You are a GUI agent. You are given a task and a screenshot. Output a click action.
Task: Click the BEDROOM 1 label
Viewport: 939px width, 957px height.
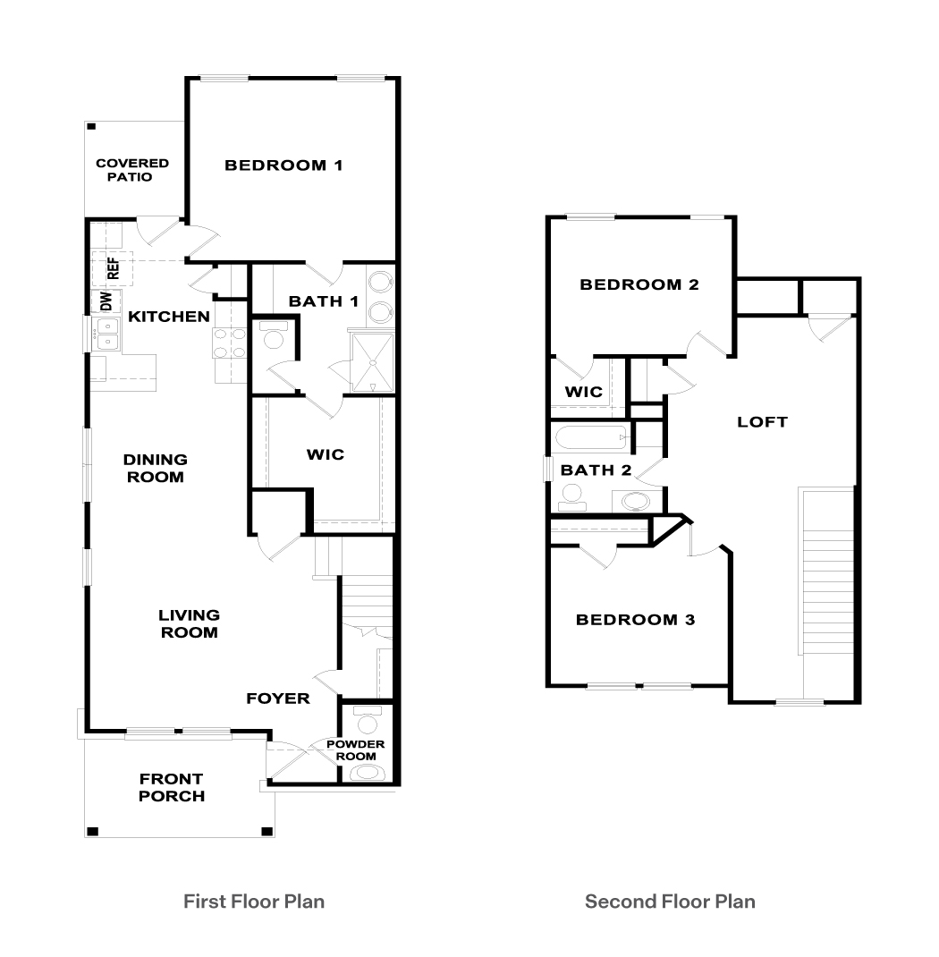coord(283,165)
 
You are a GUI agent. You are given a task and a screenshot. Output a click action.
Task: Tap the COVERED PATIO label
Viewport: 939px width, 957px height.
coord(132,170)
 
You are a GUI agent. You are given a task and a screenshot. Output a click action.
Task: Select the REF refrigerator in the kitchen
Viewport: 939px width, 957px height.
coord(113,267)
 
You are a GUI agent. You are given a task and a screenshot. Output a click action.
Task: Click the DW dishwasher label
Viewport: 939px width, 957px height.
coord(106,301)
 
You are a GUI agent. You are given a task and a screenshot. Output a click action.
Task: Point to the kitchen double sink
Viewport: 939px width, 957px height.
coord(108,337)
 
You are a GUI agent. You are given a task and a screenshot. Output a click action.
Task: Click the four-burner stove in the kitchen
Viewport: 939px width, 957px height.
coord(229,343)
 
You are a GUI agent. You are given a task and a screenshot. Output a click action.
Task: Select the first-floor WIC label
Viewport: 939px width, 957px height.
coord(325,454)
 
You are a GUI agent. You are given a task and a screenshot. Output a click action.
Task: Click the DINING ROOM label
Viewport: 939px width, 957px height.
coord(155,468)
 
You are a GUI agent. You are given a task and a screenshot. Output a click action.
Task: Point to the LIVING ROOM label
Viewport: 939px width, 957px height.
coord(189,623)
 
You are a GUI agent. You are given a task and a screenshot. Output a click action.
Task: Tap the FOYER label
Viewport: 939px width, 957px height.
coord(278,699)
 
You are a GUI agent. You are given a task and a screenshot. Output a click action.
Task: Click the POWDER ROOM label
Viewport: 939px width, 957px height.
coord(356,750)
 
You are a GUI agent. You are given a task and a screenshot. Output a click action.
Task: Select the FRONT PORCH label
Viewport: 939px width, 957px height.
coord(172,788)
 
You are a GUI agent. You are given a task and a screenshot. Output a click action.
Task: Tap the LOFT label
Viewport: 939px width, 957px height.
coord(762,421)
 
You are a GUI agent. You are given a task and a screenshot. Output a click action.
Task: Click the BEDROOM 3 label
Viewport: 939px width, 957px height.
coord(635,620)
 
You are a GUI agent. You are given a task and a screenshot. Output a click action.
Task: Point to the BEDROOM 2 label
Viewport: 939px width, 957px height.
coord(639,285)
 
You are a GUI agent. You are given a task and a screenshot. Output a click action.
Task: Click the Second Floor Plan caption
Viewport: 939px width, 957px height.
coord(670,902)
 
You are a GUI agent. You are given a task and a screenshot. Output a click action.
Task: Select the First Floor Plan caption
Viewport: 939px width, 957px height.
coord(254,902)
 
